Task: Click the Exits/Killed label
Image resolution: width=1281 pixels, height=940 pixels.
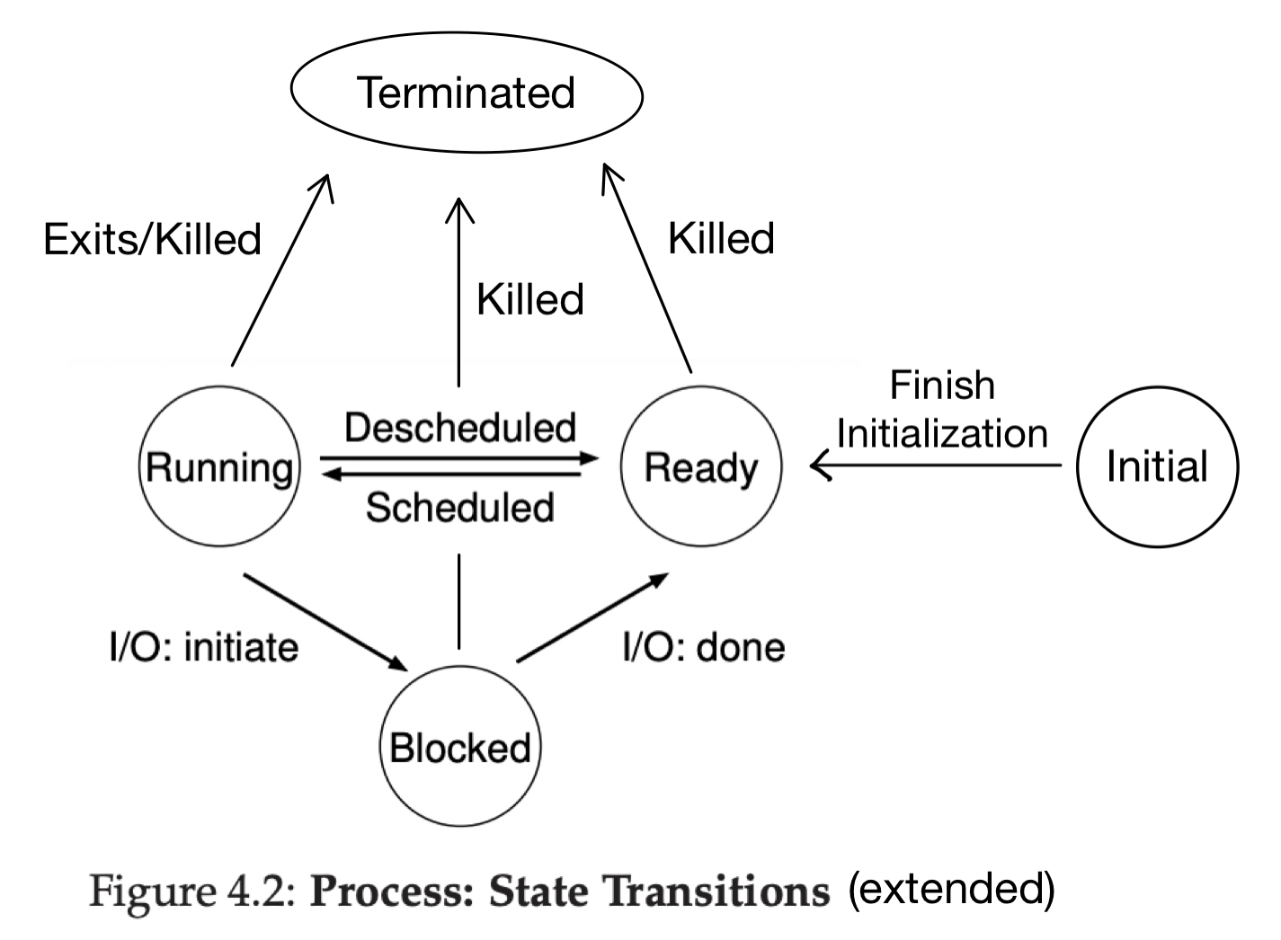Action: (x=152, y=239)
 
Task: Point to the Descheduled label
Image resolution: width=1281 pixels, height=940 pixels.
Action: (x=459, y=428)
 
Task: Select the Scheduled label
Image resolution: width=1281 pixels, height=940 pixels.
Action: (x=459, y=507)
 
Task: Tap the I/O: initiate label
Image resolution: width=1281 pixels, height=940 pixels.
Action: (x=204, y=648)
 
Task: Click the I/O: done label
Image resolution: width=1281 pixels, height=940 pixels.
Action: (x=703, y=648)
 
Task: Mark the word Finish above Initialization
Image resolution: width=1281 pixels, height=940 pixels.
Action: (x=942, y=385)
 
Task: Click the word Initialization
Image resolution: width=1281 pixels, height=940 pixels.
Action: (x=942, y=433)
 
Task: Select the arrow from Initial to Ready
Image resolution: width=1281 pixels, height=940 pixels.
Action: (x=936, y=466)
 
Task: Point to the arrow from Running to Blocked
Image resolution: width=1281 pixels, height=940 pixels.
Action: (x=326, y=622)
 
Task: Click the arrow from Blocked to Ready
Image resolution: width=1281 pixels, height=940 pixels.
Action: (x=592, y=617)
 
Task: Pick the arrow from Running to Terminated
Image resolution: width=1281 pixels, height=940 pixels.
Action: (x=281, y=270)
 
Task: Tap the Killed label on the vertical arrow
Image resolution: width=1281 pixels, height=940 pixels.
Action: (x=530, y=299)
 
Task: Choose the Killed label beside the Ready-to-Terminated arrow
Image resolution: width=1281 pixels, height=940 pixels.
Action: (x=721, y=238)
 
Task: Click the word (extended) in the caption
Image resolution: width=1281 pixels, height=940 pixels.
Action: (x=952, y=888)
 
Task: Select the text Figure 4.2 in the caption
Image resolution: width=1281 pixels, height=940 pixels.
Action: (x=192, y=891)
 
